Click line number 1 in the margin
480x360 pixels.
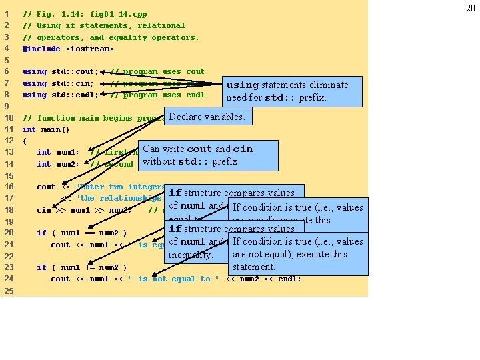coord(6,13)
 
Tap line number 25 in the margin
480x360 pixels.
coord(8,291)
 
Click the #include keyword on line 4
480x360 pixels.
coord(41,49)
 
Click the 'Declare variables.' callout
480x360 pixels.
coord(206,117)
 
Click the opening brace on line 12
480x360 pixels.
coord(25,141)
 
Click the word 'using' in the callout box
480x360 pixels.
coord(242,85)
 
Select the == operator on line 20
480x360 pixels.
coord(91,233)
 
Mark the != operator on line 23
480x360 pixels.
coord(91,268)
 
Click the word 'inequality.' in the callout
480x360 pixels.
coord(191,255)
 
